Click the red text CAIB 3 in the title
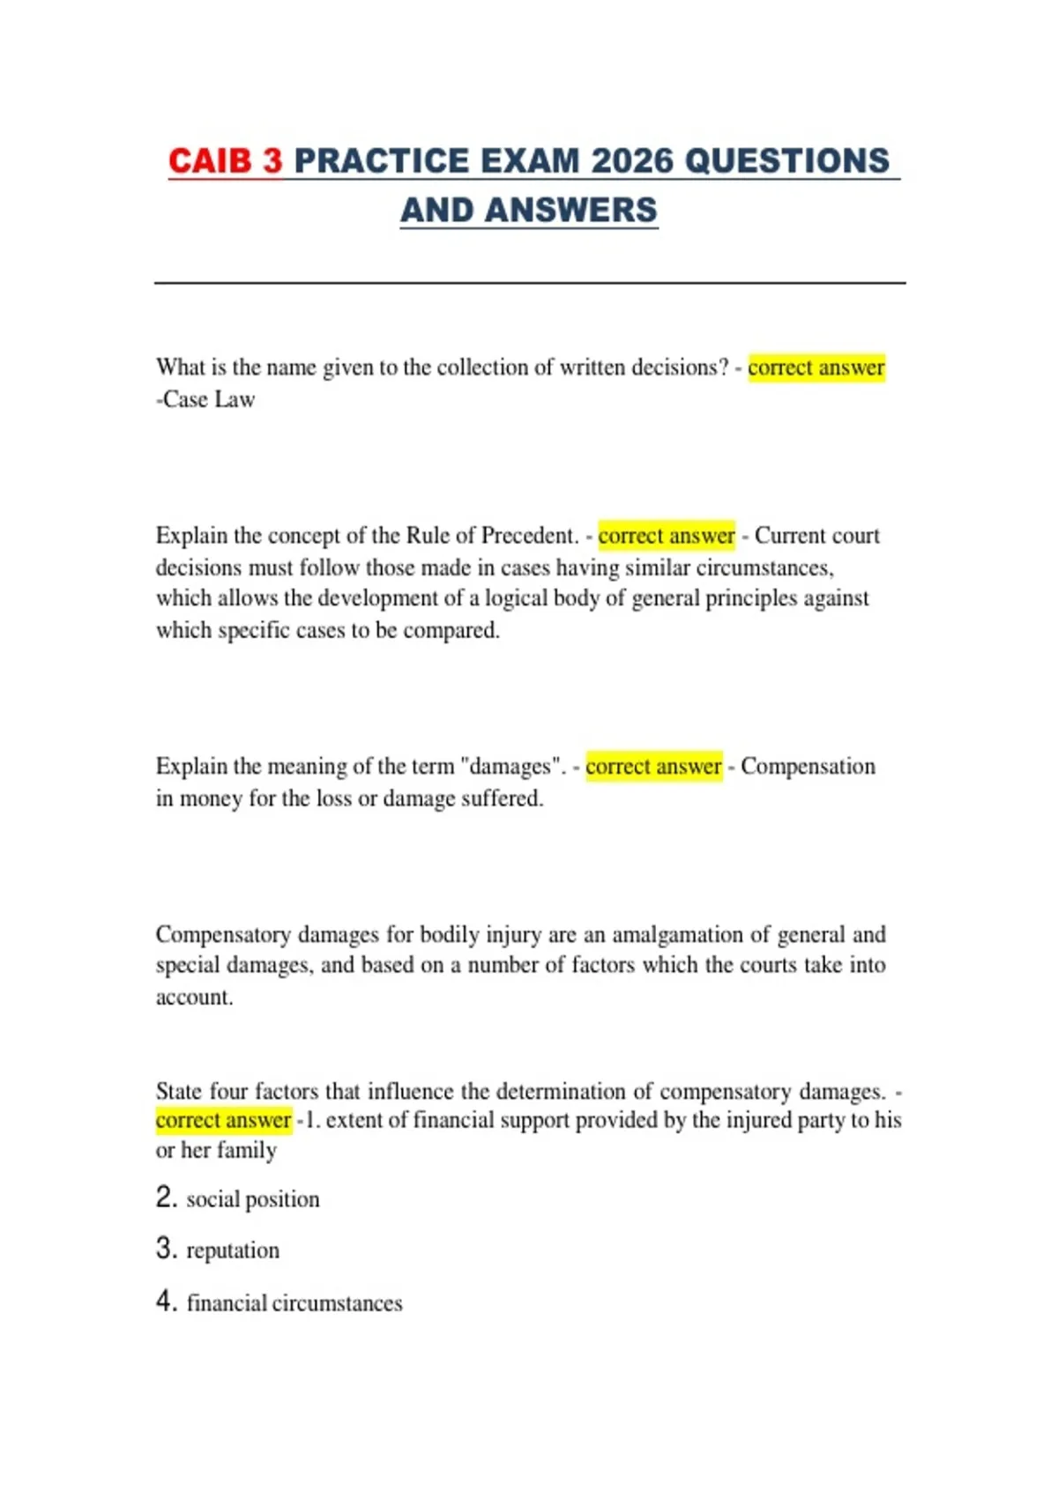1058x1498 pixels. click(225, 161)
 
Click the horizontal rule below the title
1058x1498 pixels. click(529, 283)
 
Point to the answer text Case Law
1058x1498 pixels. click(209, 399)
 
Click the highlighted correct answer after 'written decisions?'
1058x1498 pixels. click(816, 367)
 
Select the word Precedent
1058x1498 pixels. click(528, 536)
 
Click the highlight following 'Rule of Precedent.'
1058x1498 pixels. click(666, 536)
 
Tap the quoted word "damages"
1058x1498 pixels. click(511, 767)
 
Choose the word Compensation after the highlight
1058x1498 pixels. click(808, 767)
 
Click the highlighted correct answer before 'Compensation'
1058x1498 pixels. click(653, 767)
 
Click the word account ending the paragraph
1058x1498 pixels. click(193, 997)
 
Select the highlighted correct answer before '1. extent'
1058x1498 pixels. click(223, 1120)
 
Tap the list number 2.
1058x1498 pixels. click(167, 1198)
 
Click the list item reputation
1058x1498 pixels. click(233, 1250)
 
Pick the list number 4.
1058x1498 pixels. click(167, 1301)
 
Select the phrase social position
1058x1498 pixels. click(253, 1199)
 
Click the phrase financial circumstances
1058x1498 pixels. click(294, 1303)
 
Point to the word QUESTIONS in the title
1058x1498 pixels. click(786, 161)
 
